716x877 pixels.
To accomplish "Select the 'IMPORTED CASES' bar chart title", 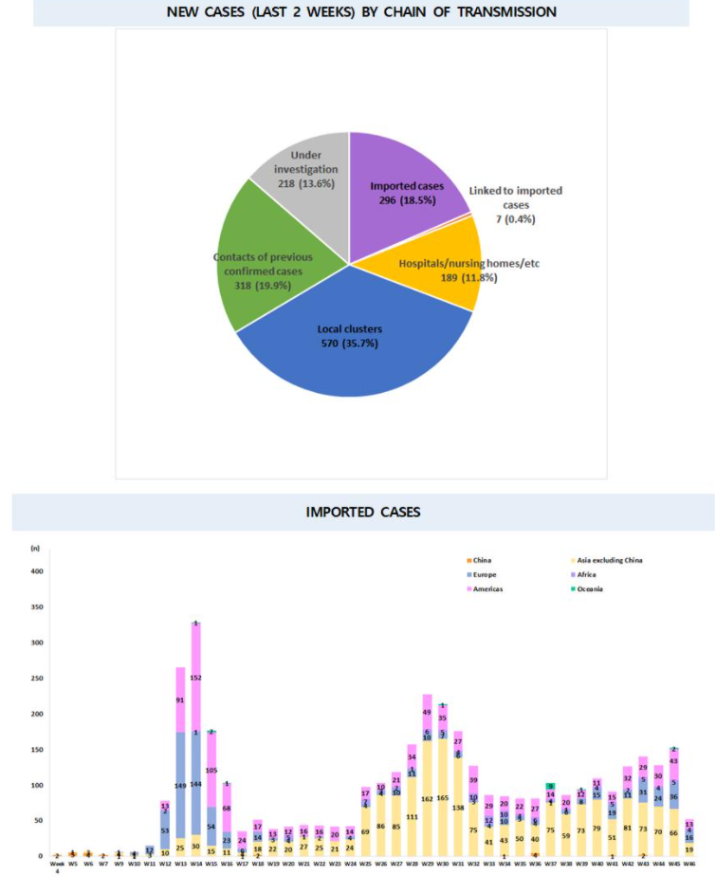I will pos(363,512).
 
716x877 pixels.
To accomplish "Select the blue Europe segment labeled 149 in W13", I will pos(180,785).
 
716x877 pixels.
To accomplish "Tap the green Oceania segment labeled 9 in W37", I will pos(549,786).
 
